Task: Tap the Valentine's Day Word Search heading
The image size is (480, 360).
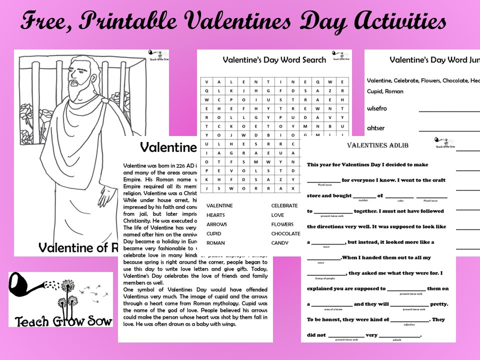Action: [274, 60]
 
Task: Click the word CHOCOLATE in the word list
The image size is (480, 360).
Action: [285, 233]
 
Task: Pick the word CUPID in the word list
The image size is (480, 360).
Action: [214, 233]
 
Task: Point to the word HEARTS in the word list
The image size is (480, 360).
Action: [215, 215]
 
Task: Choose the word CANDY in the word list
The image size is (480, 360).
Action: [280, 243]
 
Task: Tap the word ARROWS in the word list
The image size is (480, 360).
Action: [216, 224]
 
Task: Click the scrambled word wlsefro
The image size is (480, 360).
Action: [377, 108]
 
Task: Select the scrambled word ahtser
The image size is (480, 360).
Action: [376, 128]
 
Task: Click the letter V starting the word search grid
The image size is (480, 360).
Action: [206, 82]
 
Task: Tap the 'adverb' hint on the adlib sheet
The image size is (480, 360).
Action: [397, 340]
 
